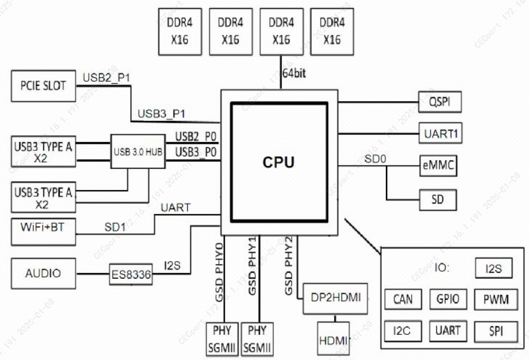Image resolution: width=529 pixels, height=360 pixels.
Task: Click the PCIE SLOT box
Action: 44,86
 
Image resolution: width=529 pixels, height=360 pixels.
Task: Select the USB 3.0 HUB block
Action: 138,152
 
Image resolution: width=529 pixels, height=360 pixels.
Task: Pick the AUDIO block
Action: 44,274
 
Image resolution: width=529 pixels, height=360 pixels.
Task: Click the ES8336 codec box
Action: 131,274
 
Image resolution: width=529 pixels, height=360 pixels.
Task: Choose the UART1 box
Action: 440,134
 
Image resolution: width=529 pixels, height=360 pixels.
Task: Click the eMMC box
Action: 438,166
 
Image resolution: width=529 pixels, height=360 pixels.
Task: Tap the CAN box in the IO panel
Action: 402,300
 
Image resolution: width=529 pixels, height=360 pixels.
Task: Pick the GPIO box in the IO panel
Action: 448,300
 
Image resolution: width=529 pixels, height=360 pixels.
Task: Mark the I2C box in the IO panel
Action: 402,331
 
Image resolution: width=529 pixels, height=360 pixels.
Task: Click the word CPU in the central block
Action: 279,162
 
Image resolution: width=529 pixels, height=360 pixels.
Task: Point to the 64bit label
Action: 294,73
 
